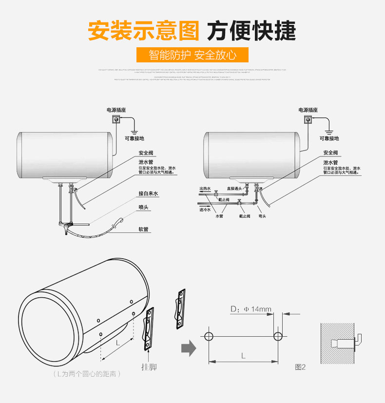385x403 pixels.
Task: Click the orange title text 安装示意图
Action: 143,30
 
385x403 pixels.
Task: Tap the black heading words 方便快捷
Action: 251,30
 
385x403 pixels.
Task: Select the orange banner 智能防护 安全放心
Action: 192,55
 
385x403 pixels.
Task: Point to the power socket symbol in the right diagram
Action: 307,120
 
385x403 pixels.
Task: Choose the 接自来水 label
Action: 148,193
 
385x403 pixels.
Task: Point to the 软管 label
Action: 143,228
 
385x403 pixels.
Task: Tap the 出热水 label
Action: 205,188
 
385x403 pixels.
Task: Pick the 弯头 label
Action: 262,216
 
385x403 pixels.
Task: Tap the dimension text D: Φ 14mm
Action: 250,309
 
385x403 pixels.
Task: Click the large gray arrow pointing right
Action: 188,348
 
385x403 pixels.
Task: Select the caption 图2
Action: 300,367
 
